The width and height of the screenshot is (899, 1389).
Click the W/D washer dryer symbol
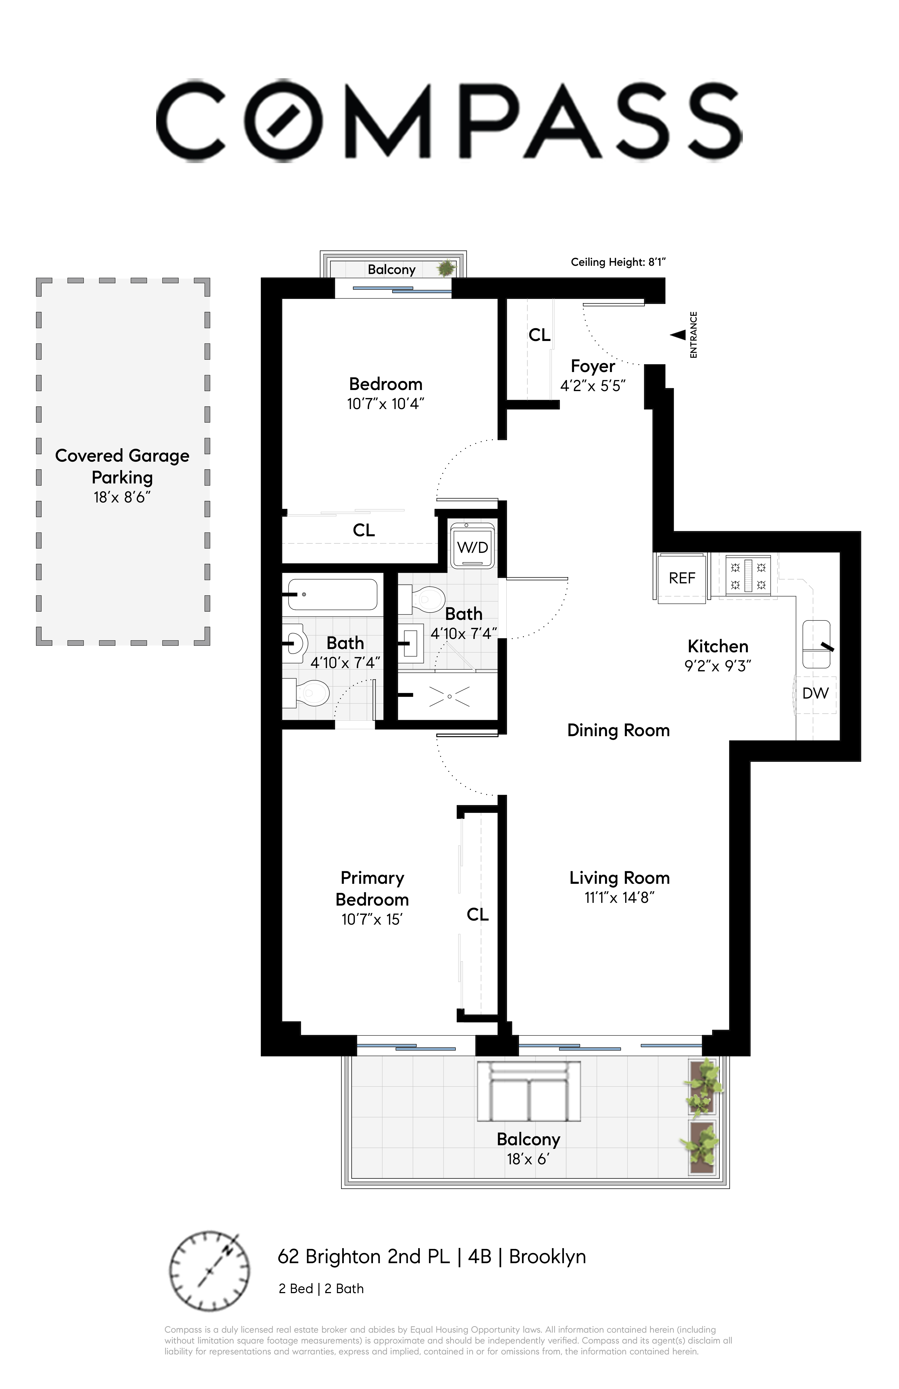coord(472,546)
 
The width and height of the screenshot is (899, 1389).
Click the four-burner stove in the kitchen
coord(748,575)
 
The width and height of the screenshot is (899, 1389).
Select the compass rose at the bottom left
coord(209,1271)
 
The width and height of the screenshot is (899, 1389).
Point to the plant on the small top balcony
coord(447,268)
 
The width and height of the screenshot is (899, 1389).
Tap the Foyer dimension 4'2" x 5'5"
coord(593,386)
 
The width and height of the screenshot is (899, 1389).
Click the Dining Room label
coord(618,730)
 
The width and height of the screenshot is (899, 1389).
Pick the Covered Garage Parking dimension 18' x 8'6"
coord(122,497)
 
